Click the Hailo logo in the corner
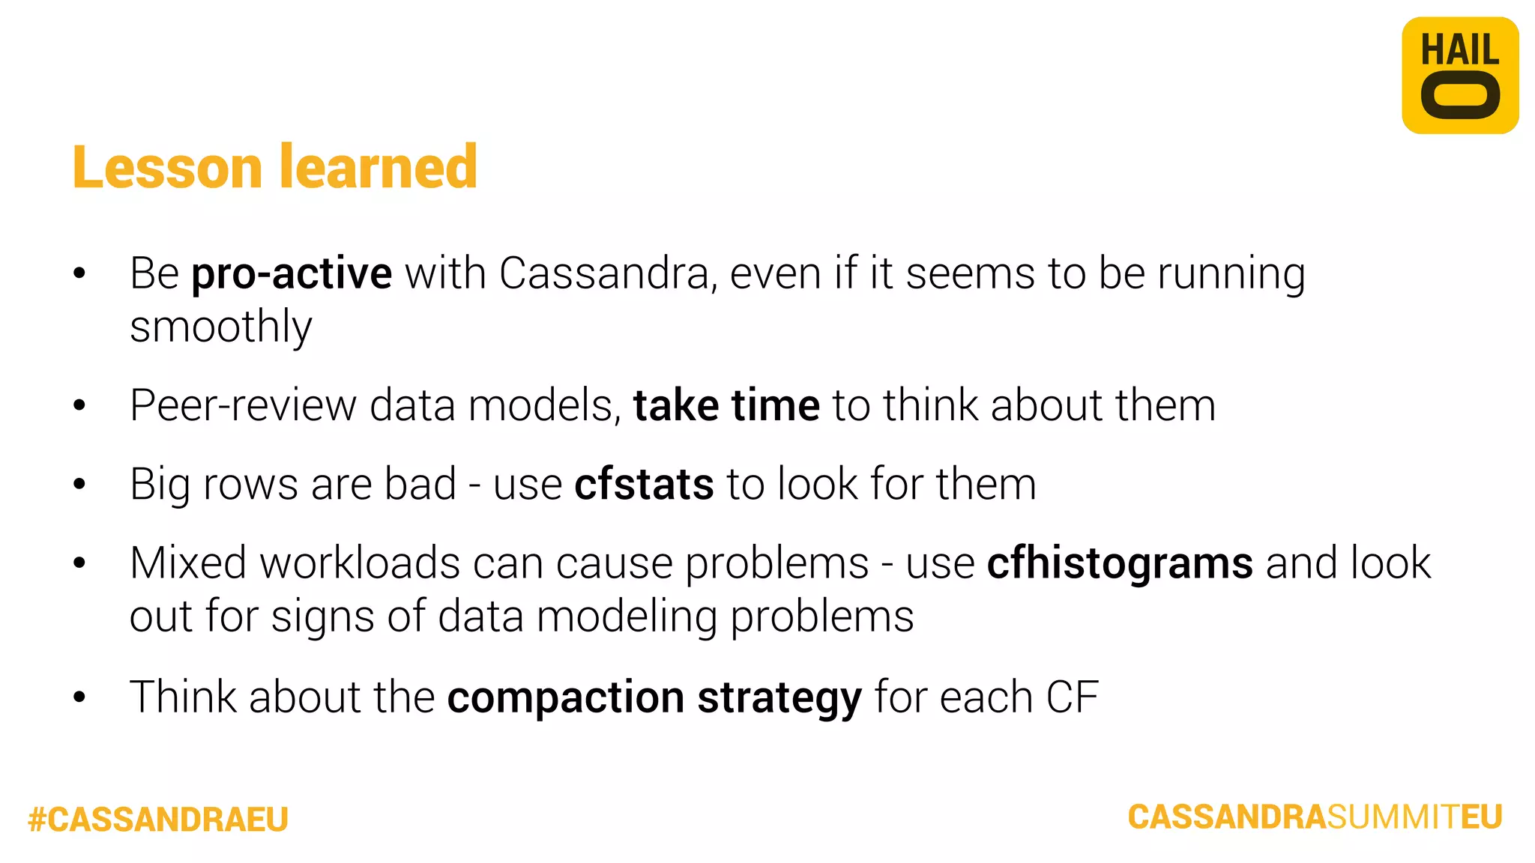1459,76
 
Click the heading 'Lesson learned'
275,167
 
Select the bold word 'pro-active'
292,273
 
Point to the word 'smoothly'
220,327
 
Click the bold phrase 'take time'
726,406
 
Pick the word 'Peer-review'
243,406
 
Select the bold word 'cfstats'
644,485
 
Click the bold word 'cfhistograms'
1120,563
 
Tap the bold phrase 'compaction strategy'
654,697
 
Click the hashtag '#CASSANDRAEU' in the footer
158,820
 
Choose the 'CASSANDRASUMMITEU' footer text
1315,817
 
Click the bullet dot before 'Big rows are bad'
79,485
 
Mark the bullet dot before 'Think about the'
79,697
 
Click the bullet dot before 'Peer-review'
79,406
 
